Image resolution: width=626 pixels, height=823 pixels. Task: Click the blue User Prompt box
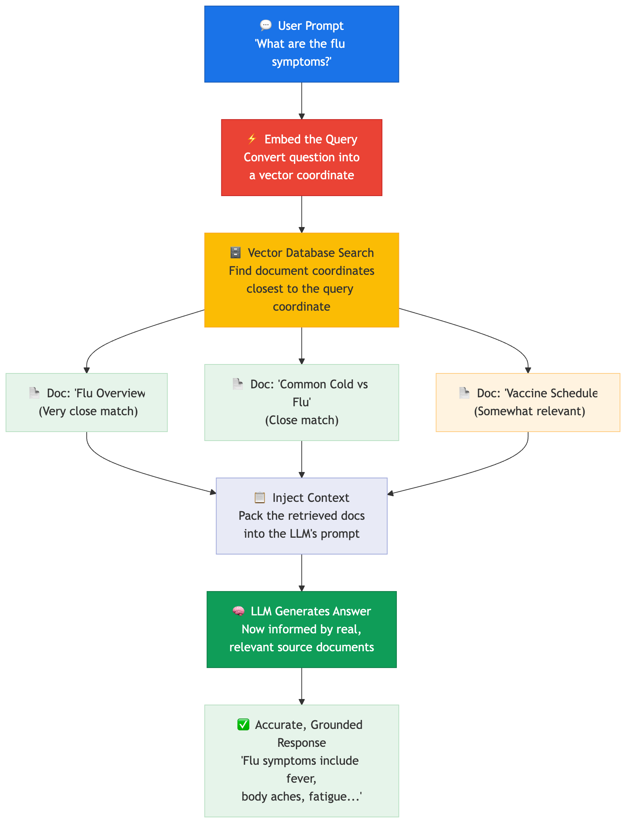pyautogui.click(x=302, y=44)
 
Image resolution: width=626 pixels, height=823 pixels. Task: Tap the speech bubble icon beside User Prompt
pyautogui.click(x=266, y=25)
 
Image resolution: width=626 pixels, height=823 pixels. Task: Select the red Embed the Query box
pyautogui.click(x=302, y=158)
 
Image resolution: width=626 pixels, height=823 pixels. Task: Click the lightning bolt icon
pyautogui.click(x=252, y=139)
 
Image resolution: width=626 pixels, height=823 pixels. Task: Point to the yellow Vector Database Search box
pyautogui.click(x=302, y=280)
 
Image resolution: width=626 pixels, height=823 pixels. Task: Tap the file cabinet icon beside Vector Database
pyautogui.click(x=236, y=252)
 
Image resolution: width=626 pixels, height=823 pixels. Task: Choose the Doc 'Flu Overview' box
pyautogui.click(x=87, y=403)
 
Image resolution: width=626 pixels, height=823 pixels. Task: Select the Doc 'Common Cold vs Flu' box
pyautogui.click(x=302, y=403)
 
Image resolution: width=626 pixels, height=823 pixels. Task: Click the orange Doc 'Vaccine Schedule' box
pyautogui.click(x=528, y=403)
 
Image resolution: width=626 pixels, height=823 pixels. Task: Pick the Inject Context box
pyautogui.click(x=302, y=516)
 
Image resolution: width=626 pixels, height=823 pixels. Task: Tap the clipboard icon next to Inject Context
pyautogui.click(x=260, y=497)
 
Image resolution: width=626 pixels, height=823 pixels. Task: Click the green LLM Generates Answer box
pyautogui.click(x=302, y=630)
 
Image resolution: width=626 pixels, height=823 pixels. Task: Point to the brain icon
pyautogui.click(x=239, y=611)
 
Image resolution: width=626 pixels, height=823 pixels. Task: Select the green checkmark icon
pyautogui.click(x=243, y=724)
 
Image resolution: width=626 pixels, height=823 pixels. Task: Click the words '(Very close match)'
pyautogui.click(x=88, y=411)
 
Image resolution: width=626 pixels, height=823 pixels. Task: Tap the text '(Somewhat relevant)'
pyautogui.click(x=530, y=411)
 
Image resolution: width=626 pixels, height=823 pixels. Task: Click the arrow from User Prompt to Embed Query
pyautogui.click(x=302, y=101)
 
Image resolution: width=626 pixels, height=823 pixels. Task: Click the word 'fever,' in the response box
pyautogui.click(x=302, y=779)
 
